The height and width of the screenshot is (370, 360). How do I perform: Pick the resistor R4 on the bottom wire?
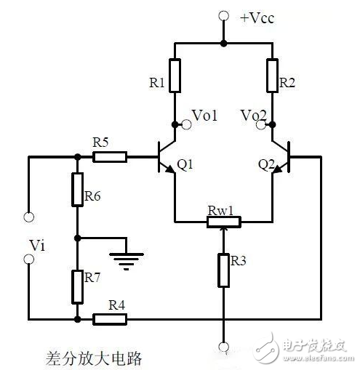[x=112, y=318]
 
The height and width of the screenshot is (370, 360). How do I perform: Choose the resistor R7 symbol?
[x=77, y=285]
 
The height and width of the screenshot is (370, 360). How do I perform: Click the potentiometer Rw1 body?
[x=223, y=220]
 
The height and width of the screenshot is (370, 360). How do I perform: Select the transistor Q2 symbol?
[x=281, y=156]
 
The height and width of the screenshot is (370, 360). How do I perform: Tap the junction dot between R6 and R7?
[x=77, y=237]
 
